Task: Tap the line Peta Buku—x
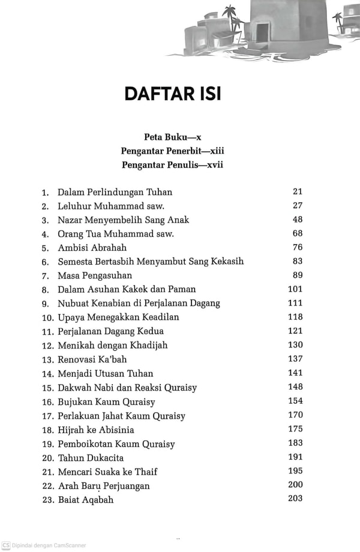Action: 172,137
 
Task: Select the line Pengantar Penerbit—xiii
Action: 172,151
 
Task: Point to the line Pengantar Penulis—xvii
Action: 172,165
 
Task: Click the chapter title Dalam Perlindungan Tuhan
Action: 115,193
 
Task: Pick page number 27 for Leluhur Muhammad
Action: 298,206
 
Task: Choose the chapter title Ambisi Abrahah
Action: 92,248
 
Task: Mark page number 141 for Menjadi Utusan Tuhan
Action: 295,373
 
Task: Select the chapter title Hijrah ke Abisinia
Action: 95,430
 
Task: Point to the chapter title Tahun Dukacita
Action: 82,458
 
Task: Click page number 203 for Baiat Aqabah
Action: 295,499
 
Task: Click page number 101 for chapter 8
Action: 295,289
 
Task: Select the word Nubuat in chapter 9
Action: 73,304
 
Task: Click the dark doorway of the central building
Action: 263,31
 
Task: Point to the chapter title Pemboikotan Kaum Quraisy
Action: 116,445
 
